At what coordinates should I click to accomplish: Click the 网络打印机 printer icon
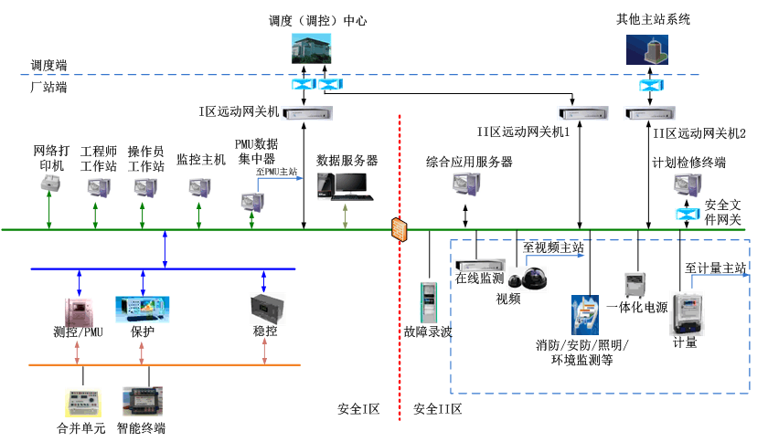pos(48,187)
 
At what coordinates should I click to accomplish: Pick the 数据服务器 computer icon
pos(345,185)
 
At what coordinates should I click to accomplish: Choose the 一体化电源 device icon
pos(636,285)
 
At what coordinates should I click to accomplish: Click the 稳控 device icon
pos(264,307)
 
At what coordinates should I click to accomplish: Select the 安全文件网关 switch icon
pos(686,214)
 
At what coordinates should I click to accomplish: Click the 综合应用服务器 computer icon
pos(467,185)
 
